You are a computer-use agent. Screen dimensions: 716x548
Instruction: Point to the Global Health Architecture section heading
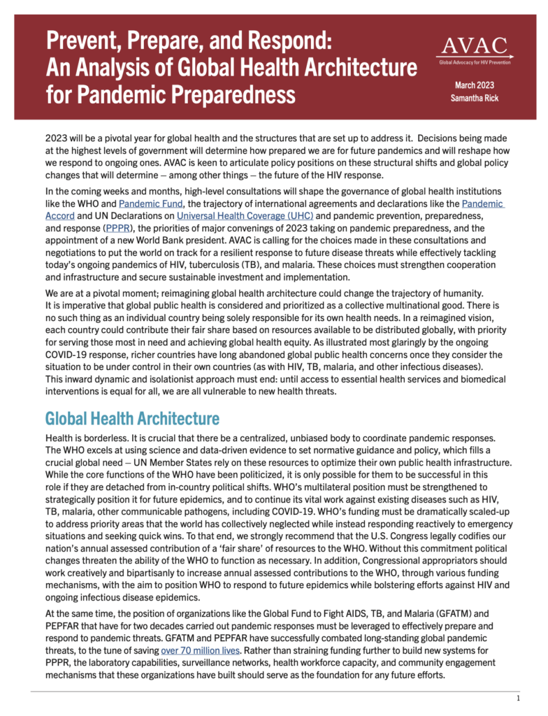(x=132, y=419)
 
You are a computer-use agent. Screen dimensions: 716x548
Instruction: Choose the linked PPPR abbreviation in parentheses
(x=116, y=227)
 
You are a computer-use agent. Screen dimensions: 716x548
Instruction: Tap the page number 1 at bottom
(x=517, y=699)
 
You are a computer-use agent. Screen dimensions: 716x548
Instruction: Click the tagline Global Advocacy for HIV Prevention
(x=475, y=62)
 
